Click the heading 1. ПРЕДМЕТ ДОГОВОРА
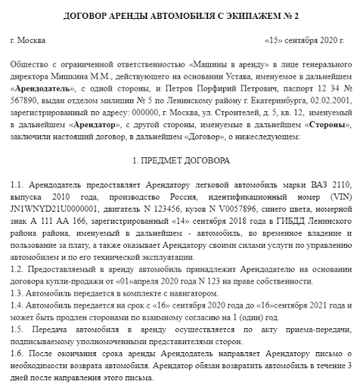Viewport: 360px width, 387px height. tap(179, 161)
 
